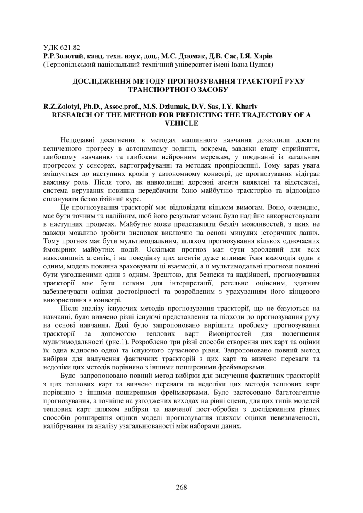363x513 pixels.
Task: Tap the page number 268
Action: (x=181, y=487)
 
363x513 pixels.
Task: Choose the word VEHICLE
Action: (x=181, y=123)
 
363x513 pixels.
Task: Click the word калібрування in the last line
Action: (x=61, y=425)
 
